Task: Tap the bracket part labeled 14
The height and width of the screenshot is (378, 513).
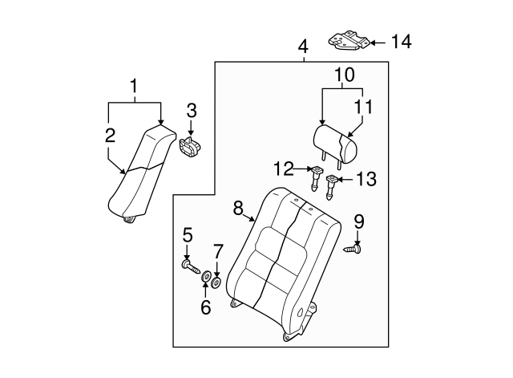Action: pos(350,40)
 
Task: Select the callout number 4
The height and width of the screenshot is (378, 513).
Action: pos(302,47)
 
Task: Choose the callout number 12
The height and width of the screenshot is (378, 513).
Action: pos(283,169)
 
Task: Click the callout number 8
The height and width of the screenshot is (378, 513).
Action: pos(238,207)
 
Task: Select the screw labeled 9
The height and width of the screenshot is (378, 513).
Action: pos(355,250)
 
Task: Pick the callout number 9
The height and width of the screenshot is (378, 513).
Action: pos(358,221)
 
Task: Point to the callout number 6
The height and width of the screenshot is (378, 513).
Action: pos(205,307)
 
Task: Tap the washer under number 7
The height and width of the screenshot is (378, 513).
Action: pos(216,282)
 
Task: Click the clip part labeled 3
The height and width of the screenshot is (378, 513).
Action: pos(191,147)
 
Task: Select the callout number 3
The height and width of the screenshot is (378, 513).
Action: pos(191,110)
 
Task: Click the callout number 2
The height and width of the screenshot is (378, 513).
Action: pos(110,136)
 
